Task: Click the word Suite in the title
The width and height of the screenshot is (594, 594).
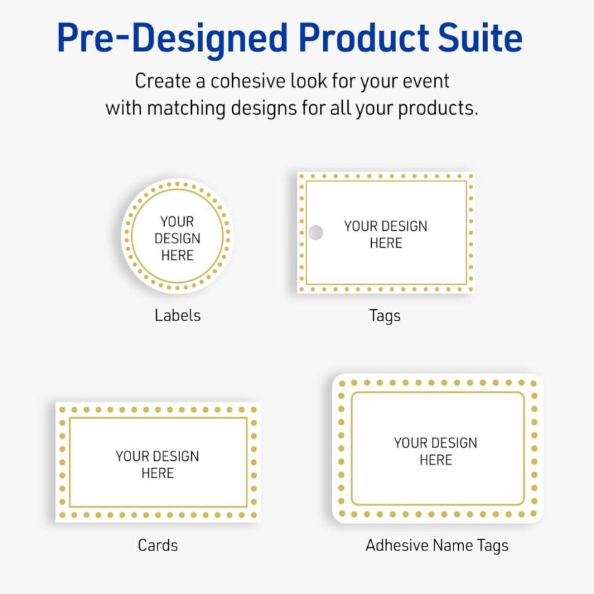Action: (480, 37)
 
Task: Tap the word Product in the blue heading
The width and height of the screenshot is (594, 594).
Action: (364, 37)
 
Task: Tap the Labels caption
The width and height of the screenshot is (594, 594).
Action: (177, 315)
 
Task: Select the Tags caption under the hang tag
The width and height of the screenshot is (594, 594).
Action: (385, 316)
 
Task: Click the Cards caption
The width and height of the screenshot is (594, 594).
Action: (158, 545)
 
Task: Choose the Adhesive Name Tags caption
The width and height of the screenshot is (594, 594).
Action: (437, 546)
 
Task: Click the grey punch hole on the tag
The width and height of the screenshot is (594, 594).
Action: (316, 233)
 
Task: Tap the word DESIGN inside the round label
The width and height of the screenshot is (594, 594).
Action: (177, 238)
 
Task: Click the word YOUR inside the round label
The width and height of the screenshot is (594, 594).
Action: (177, 222)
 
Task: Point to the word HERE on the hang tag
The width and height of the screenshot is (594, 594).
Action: (386, 243)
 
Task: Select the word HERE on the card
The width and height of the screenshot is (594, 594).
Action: (158, 473)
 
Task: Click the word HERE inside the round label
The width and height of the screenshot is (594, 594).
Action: (177, 255)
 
